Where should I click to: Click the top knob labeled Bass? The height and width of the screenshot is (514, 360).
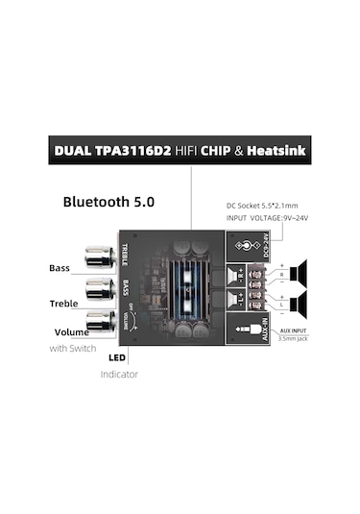(x=98, y=257)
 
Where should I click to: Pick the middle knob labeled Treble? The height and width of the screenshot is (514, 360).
(x=99, y=288)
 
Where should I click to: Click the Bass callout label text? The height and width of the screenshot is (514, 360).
(x=60, y=268)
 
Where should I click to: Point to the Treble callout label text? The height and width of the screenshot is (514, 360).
(x=63, y=303)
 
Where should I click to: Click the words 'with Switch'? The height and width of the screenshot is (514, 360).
(x=72, y=348)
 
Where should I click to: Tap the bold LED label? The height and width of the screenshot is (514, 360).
(x=118, y=357)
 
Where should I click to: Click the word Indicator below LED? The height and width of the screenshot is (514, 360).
(x=120, y=373)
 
